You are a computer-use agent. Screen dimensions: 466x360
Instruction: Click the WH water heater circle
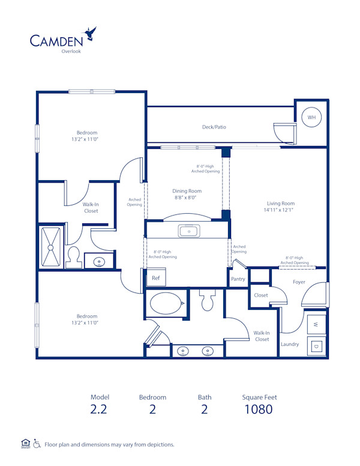311,118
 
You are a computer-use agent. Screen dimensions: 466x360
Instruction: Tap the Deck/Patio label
214,127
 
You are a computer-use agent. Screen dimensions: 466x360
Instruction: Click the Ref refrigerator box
155,278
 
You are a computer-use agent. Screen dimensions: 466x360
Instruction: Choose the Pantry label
238,279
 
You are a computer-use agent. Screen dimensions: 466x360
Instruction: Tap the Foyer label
299,282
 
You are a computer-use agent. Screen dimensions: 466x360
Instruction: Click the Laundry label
290,344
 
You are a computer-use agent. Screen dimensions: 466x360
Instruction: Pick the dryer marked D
317,346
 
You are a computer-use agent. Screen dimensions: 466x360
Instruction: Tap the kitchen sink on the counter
188,231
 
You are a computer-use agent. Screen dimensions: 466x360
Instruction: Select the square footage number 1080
259,410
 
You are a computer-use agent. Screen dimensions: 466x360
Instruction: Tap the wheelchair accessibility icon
37,444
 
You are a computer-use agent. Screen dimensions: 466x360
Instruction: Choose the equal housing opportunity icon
25,444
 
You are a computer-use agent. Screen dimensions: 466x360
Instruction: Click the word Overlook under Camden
71,51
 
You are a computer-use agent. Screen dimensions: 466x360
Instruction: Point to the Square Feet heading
259,397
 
